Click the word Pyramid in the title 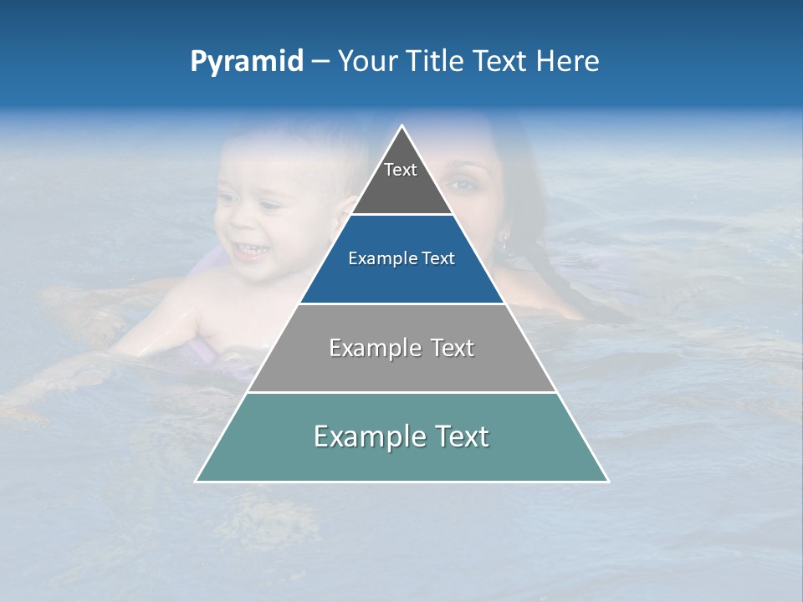[246, 62]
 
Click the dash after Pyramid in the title [320, 62]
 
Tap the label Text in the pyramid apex [401, 170]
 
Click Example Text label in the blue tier [401, 258]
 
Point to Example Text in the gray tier [401, 348]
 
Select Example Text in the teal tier [401, 436]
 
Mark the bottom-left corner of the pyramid [197, 481]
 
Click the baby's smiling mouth [248, 248]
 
